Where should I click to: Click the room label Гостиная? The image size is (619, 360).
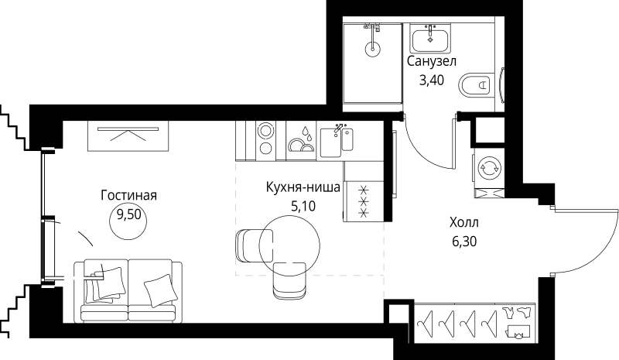(129, 195)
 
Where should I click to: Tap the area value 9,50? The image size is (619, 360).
(129, 215)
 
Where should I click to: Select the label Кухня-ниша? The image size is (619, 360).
(303, 187)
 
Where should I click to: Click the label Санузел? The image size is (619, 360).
(431, 60)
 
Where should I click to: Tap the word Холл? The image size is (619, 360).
(463, 223)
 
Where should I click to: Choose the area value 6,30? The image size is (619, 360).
(463, 242)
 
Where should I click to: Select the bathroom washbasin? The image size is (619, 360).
(431, 38)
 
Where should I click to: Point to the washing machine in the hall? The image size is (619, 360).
(488, 167)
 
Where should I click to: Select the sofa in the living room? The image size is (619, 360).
(128, 290)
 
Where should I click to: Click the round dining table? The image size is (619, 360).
(289, 245)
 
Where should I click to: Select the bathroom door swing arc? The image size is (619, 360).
(422, 147)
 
